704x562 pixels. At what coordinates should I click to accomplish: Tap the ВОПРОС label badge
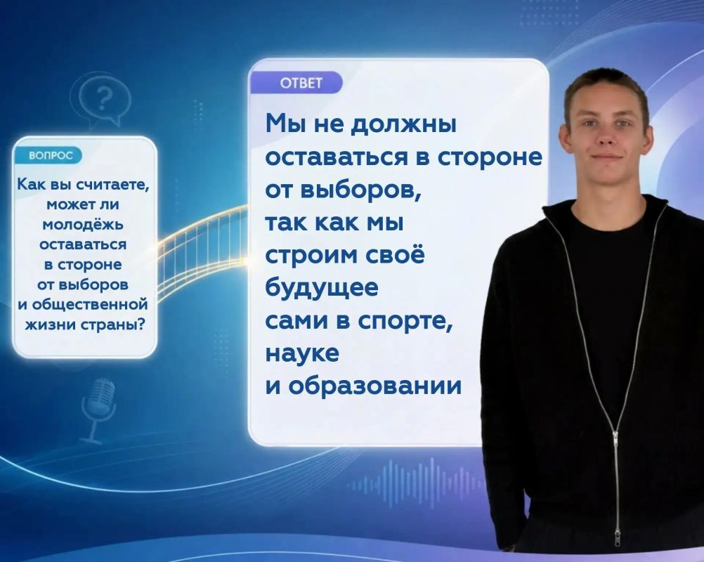(49, 155)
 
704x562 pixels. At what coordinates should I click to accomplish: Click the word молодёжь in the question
(83, 224)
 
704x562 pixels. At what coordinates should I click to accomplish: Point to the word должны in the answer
(403, 124)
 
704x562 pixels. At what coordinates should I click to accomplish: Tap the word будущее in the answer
(322, 288)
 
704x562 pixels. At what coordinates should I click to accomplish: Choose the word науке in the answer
(302, 353)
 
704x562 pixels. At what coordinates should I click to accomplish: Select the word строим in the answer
(310, 256)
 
